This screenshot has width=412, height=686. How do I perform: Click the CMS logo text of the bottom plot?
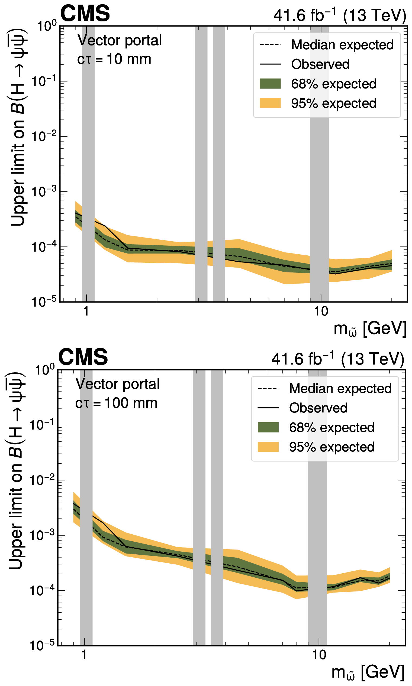click(x=83, y=357)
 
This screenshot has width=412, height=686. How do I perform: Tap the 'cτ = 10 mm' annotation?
click(x=114, y=59)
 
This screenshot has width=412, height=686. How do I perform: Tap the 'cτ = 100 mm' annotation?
click(x=116, y=403)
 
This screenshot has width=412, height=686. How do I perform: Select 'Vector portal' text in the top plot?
click(x=119, y=41)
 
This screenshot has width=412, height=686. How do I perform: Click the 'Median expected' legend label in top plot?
click(x=342, y=45)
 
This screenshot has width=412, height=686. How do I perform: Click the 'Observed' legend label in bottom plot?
click(x=318, y=408)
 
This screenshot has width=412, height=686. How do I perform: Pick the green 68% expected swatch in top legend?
click(x=270, y=83)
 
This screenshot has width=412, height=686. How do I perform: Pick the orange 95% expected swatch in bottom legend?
click(x=268, y=447)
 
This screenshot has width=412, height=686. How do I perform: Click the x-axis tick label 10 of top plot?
click(x=321, y=311)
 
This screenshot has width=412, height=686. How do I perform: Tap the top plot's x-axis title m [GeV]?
click(x=369, y=329)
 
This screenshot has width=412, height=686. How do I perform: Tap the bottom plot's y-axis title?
click(x=15, y=472)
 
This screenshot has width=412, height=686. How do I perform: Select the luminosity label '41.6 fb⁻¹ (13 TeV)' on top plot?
click(x=340, y=15)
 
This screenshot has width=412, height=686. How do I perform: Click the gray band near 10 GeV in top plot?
click(x=319, y=180)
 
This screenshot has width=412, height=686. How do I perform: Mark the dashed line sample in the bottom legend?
click(x=268, y=388)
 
